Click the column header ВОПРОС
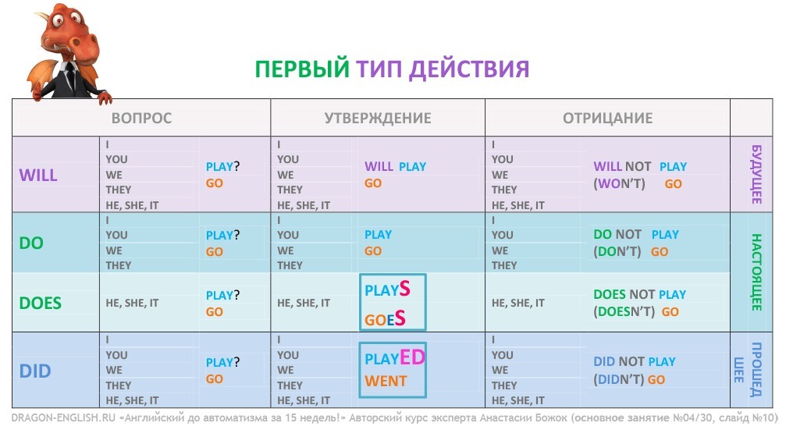[x=141, y=119]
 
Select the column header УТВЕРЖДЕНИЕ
[x=378, y=119]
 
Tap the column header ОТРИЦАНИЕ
[x=607, y=119]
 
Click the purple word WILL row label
[x=38, y=176]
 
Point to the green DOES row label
[x=40, y=304]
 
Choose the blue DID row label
[x=35, y=371]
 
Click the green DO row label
[x=31, y=243]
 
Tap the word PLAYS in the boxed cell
[x=387, y=289]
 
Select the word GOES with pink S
[x=385, y=318]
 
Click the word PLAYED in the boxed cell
[x=394, y=358]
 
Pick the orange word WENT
[x=386, y=382]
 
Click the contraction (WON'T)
[x=619, y=184]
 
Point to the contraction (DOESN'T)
[x=624, y=312]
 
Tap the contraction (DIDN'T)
[x=618, y=379]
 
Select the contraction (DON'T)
[x=617, y=251]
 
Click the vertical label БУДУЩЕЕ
[x=756, y=175]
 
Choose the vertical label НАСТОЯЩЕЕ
[x=756, y=272]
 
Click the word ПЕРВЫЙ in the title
[x=302, y=69]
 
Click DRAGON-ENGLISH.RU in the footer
[x=63, y=417]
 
